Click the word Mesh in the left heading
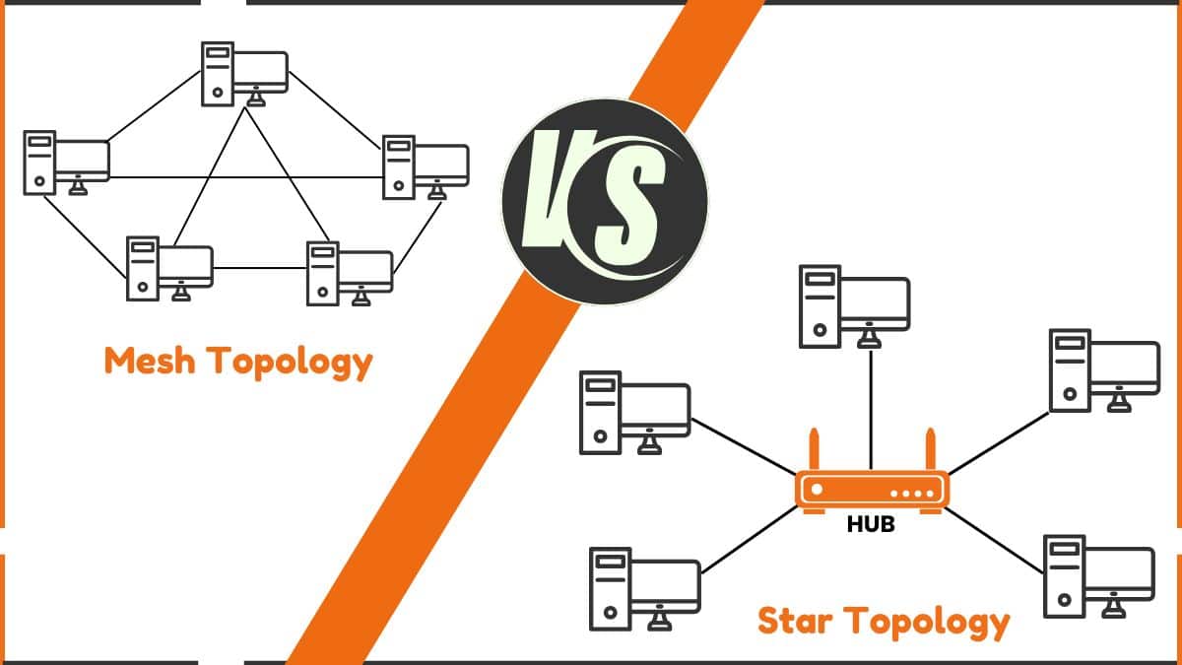pyautogui.click(x=148, y=362)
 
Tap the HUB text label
pyautogui.click(x=871, y=525)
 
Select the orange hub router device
pyautogui.click(x=872, y=489)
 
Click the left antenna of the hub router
pyautogui.click(x=815, y=451)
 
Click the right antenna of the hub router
pyautogui.click(x=928, y=451)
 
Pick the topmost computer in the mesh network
pyautogui.click(x=244, y=73)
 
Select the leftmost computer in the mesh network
pyautogui.click(x=66, y=162)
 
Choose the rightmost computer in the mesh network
pyautogui.click(x=425, y=166)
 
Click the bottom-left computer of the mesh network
pyautogui.click(x=168, y=268)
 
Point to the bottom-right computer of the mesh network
pyautogui.click(x=350, y=272)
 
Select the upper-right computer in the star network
pyautogui.click(x=1104, y=369)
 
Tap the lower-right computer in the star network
pyautogui.click(x=1097, y=575)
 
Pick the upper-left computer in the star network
pyautogui.click(x=634, y=413)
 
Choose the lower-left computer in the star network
pyautogui.click(x=644, y=588)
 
